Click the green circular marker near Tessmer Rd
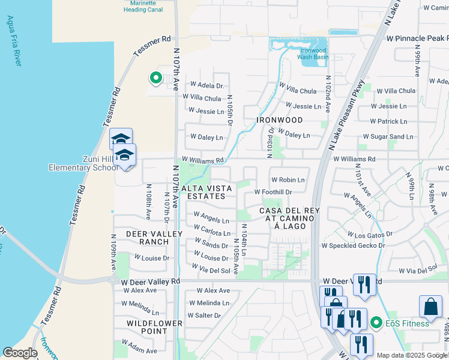(x=155, y=78)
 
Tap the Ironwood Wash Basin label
(x=312, y=54)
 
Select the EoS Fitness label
(x=407, y=323)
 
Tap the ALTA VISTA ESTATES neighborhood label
(x=207, y=192)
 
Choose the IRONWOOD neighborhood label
(x=279, y=120)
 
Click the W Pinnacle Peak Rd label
(x=417, y=38)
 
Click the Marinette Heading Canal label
(x=143, y=7)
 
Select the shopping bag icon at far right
(x=430, y=307)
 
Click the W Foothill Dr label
(x=273, y=192)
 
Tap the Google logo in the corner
(x=20, y=353)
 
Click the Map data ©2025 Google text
(x=412, y=355)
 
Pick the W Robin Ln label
(x=288, y=179)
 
